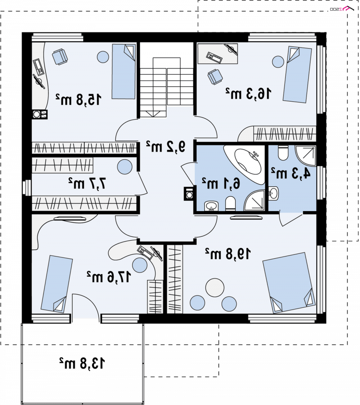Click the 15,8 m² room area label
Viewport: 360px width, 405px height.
coord(78,99)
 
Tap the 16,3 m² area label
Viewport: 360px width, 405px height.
coord(248,93)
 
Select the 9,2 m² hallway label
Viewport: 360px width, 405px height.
coord(166,146)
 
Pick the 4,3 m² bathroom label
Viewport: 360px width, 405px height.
coord(290,173)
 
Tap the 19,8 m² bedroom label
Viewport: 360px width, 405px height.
coord(228,254)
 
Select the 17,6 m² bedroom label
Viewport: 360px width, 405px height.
coord(109,277)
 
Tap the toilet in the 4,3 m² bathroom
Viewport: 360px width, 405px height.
coord(283,153)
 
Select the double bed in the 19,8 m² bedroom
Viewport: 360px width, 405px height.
coord(289,282)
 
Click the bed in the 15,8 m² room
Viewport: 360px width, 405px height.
coord(124,71)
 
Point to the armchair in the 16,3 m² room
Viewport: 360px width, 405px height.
coord(215,76)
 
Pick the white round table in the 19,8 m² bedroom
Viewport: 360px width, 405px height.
coord(214,288)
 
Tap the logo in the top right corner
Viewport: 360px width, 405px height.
coord(342,9)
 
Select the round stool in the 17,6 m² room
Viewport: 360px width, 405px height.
coord(139,265)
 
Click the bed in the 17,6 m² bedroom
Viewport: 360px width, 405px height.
coord(57,284)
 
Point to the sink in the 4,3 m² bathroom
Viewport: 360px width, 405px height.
coord(274,193)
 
